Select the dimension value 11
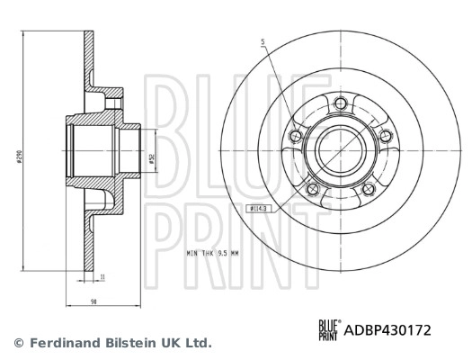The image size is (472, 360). (x=103, y=278)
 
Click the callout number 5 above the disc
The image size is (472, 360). (x=263, y=41)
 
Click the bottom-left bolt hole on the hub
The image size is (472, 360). (x=314, y=189)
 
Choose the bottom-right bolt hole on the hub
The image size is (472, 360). (x=368, y=189)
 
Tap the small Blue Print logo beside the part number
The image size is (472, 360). (x=329, y=330)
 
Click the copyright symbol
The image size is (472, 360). (x=20, y=343)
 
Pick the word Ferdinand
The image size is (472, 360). (x=62, y=343)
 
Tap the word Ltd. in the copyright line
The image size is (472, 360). (x=197, y=343)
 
